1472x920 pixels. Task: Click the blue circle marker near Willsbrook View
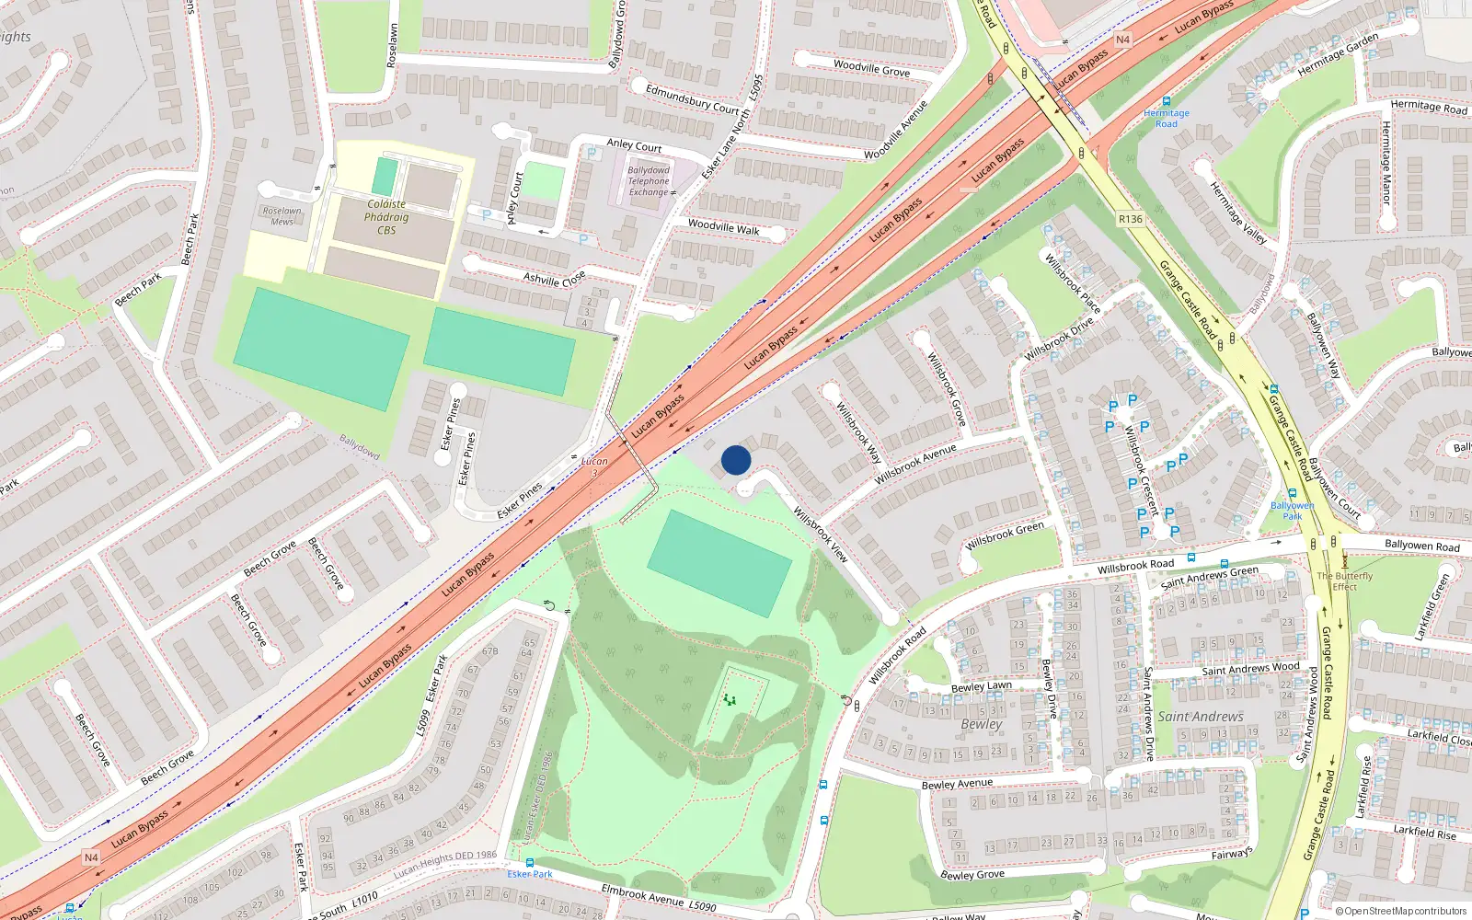pyautogui.click(x=736, y=460)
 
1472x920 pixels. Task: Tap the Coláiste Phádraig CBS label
pyautogui.click(x=386, y=217)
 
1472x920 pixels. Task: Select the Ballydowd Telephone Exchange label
pyautogui.click(x=649, y=181)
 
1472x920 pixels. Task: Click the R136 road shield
pyautogui.click(x=1131, y=219)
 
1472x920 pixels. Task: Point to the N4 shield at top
pyautogui.click(x=1122, y=40)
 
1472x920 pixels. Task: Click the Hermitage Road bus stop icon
pyautogui.click(x=1167, y=101)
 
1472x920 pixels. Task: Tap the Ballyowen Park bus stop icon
pyautogui.click(x=1292, y=494)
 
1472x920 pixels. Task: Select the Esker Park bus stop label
pyautogui.click(x=530, y=874)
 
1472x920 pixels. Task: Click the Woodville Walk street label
pyautogui.click(x=723, y=227)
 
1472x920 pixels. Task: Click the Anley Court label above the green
pyautogui.click(x=634, y=145)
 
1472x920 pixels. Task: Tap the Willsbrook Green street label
pyautogui.click(x=1005, y=536)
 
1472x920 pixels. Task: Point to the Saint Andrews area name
pyautogui.click(x=1201, y=717)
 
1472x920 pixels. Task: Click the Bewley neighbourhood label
pyautogui.click(x=981, y=724)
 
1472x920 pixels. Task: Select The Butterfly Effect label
pyautogui.click(x=1344, y=581)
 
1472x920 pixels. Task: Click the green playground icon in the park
pyautogui.click(x=730, y=700)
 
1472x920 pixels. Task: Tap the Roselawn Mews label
pyautogui.click(x=282, y=216)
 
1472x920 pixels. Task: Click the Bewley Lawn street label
pyautogui.click(x=981, y=686)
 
